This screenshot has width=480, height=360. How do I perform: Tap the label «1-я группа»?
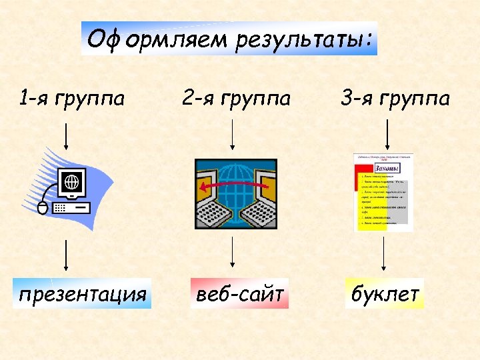tap(72, 99)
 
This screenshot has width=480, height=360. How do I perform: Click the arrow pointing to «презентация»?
tap(65, 257)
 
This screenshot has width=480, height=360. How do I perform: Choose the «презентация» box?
tap(83, 294)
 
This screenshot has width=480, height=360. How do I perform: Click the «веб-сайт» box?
tap(240, 294)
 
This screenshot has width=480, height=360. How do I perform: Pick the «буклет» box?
tap(385, 294)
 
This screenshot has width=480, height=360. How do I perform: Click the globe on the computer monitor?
tap(71, 181)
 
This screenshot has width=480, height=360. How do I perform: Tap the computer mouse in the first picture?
tap(43, 208)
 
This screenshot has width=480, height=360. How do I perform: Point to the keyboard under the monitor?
tap(70, 207)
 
